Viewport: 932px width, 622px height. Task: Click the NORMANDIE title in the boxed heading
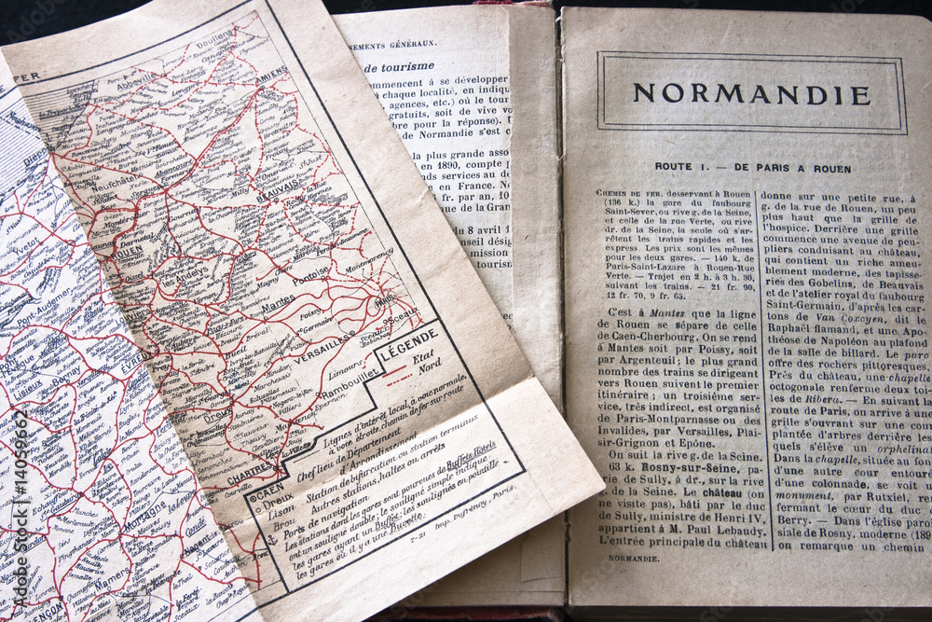[751, 94]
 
